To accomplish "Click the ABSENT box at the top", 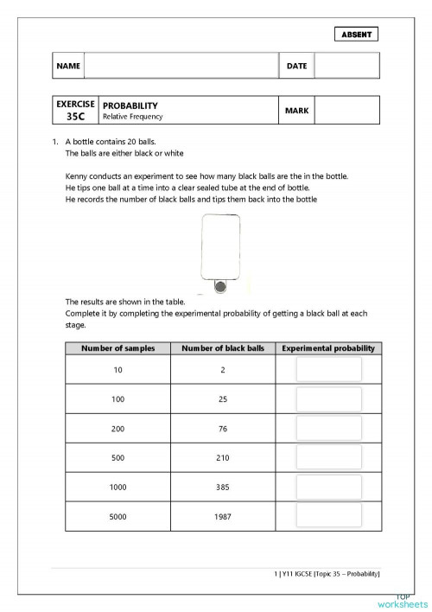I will tap(356, 35).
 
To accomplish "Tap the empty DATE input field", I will tap(346, 66).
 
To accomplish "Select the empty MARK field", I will tap(346, 111).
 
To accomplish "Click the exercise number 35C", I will tap(75, 116).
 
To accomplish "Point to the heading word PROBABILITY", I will tap(130, 105).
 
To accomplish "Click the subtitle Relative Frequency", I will tap(132, 117).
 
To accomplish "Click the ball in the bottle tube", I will tap(219, 286).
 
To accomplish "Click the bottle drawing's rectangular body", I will tap(219, 245).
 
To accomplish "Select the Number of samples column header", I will tap(118, 348).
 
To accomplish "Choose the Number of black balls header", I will tap(222, 348).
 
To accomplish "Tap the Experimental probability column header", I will tap(328, 348).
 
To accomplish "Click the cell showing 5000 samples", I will tap(118, 516).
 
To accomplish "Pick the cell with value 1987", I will tap(222, 516).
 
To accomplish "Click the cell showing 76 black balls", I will tap(222, 429).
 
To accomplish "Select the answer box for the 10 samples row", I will tap(328, 370).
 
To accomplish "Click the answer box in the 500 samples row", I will tap(328, 457).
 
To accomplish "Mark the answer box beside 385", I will tap(328, 487).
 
